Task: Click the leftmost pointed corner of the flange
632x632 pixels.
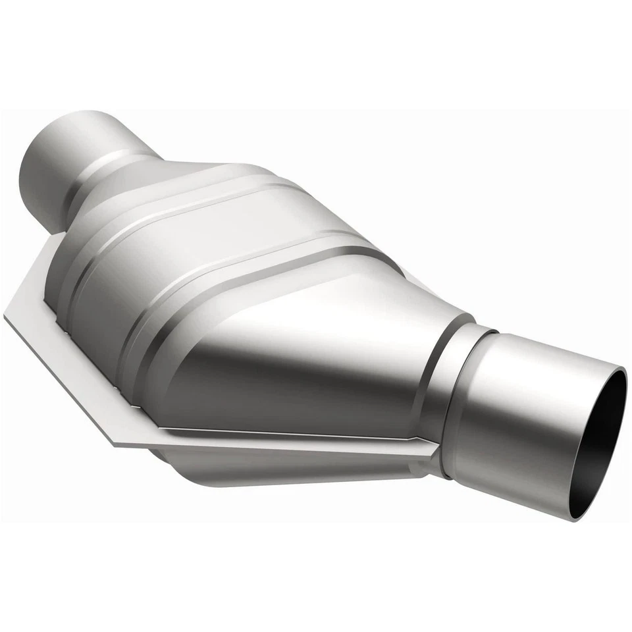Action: pyautogui.click(x=7, y=316)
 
